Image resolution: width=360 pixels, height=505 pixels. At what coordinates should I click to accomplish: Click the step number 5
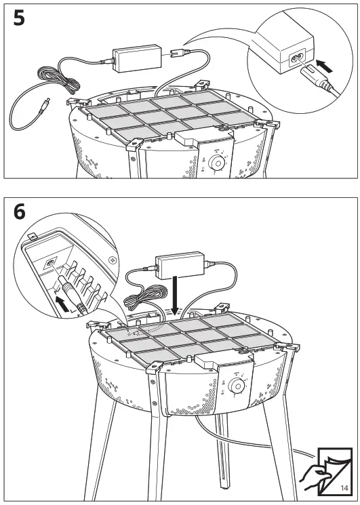tap(20, 18)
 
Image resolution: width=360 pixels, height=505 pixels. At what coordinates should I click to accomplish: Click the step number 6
tap(20, 211)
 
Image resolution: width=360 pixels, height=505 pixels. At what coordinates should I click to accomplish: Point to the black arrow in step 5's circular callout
tap(326, 66)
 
